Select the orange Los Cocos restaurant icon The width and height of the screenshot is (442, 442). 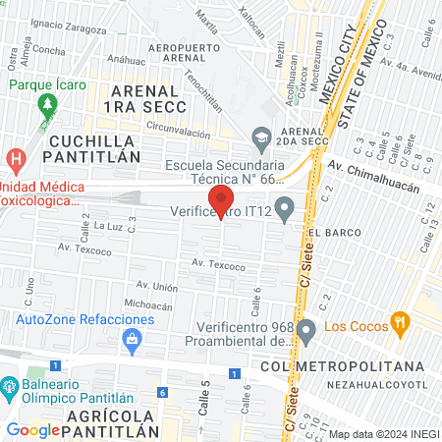click(x=399, y=321)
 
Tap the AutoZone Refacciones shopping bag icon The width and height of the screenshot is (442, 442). click(x=131, y=339)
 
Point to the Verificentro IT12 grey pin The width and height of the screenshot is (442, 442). click(x=285, y=208)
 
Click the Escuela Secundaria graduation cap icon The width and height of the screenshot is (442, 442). click(x=260, y=138)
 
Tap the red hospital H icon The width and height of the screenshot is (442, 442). click(x=16, y=158)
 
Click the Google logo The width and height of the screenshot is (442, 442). click(x=32, y=429)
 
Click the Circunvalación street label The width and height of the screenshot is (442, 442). click(x=180, y=126)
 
